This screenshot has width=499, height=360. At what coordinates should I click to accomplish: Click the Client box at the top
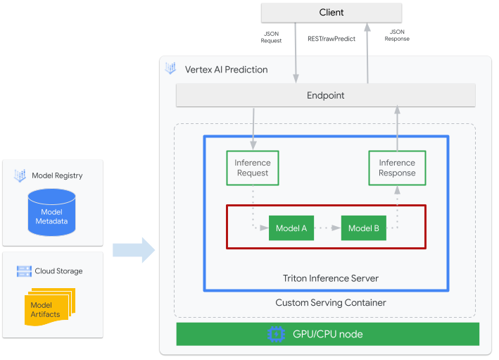click(x=331, y=12)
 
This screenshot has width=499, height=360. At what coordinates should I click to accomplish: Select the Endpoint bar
click(x=325, y=95)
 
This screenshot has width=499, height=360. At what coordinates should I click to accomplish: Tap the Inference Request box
click(x=252, y=168)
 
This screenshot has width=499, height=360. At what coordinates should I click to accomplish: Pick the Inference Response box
click(x=397, y=168)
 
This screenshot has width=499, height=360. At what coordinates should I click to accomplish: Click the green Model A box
click(x=291, y=228)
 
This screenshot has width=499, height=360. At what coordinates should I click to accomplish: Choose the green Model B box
click(x=364, y=228)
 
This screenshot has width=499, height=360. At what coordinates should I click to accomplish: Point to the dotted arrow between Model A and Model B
click(x=327, y=228)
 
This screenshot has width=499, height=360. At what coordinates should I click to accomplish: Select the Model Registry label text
click(x=57, y=175)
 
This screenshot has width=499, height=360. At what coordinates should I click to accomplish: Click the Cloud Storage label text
click(x=58, y=271)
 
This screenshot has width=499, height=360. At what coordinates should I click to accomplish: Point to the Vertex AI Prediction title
click(x=226, y=70)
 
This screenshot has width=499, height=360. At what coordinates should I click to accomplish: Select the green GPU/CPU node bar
click(x=327, y=334)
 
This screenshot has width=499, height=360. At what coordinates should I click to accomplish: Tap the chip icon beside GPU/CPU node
click(x=275, y=334)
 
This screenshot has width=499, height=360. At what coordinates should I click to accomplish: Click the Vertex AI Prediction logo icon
click(x=170, y=69)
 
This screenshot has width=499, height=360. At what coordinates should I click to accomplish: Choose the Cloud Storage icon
click(x=24, y=271)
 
